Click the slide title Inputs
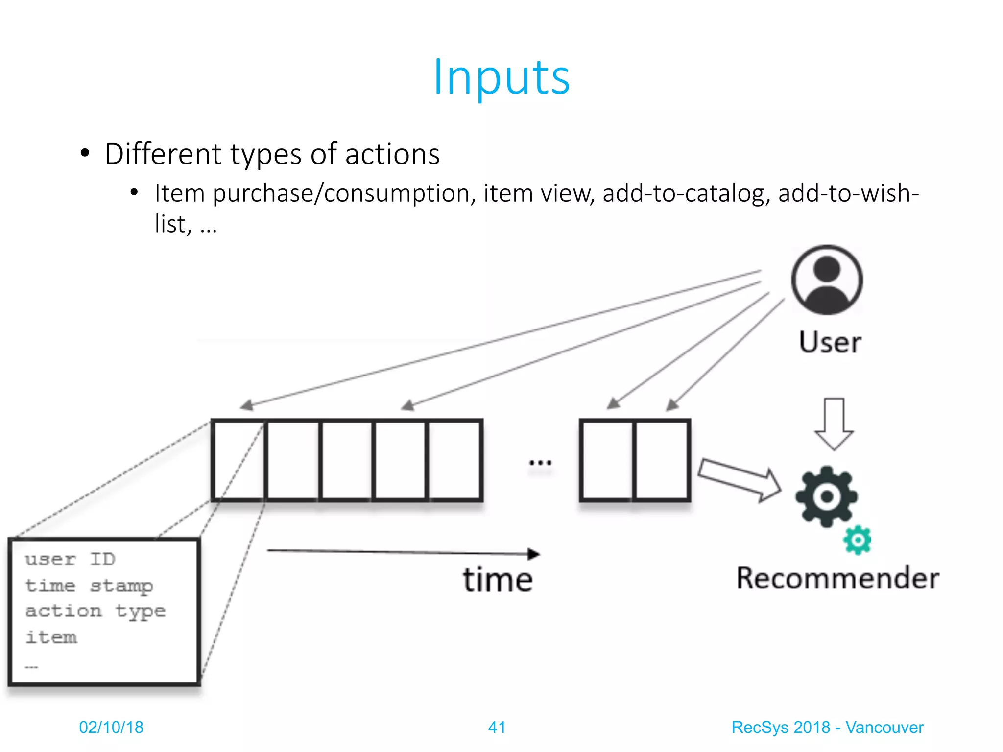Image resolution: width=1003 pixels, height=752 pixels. coord(501,77)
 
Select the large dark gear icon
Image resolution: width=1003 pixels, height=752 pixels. coord(826,496)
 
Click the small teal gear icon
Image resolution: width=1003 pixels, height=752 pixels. coord(857,540)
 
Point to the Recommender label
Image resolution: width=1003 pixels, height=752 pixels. coord(837,578)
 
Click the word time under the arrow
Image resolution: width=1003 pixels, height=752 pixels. coord(498,580)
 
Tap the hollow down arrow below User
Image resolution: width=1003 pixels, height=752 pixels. coord(834,424)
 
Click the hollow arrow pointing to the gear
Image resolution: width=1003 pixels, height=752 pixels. coord(740,479)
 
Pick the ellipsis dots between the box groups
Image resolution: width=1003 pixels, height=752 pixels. coord(540,462)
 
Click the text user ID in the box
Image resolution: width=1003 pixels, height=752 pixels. coord(70,559)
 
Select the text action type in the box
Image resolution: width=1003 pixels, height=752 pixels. coord(96,611)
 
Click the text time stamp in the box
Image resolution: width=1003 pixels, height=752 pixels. coord(89,586)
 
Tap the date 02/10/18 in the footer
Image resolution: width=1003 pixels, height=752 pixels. coord(111,727)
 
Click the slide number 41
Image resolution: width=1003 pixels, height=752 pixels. coord(497,727)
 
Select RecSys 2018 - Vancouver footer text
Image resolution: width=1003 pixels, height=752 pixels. coord(827,727)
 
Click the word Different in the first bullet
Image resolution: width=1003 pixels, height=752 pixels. coord(163,154)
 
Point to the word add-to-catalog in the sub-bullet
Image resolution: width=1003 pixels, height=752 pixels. coord(683,193)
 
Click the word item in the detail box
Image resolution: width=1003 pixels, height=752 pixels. coord(51,637)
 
